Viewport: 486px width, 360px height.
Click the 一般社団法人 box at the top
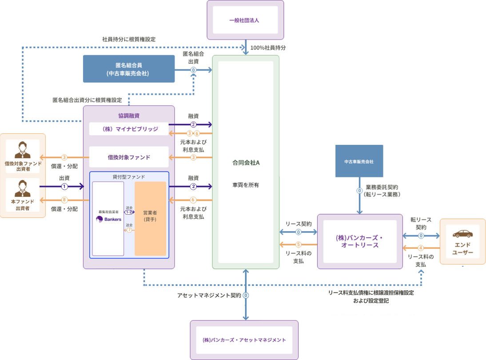(245, 20)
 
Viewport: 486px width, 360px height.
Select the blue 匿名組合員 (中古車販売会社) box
(129, 69)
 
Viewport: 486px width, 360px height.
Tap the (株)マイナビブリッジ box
(129, 129)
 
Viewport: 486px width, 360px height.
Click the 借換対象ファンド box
(129, 157)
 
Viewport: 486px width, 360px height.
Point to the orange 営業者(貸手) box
(150, 219)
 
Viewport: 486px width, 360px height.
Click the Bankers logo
(108, 219)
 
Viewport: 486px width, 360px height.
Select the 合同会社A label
(246, 163)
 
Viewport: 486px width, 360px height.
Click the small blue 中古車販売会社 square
(359, 161)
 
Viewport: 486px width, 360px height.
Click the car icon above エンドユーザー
(462, 234)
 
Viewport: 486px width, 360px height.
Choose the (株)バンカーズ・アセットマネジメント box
(244, 340)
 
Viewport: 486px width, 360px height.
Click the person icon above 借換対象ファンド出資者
(23, 150)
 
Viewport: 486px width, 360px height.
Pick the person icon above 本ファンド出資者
(23, 188)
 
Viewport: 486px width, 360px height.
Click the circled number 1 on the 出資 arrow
(64, 187)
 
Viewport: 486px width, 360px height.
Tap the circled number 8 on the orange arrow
(64, 200)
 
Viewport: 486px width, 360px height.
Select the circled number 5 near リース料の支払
(299, 244)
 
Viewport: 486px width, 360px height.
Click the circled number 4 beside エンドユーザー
(420, 248)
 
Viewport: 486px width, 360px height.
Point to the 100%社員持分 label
(268, 48)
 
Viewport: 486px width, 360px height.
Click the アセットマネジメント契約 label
(209, 295)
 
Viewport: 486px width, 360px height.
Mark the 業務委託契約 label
(382, 187)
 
